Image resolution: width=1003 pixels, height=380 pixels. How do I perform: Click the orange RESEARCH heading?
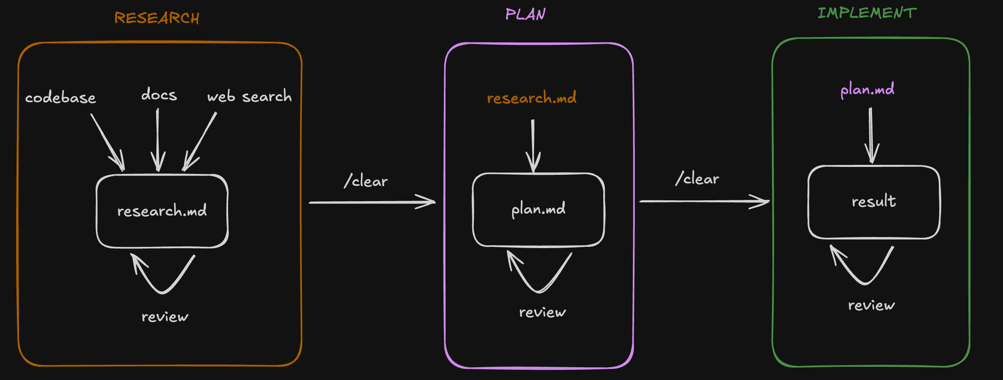pyautogui.click(x=156, y=18)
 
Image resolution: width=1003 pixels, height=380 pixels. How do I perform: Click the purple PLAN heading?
pyautogui.click(x=525, y=14)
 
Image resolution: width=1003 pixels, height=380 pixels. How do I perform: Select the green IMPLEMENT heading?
pyautogui.click(x=867, y=13)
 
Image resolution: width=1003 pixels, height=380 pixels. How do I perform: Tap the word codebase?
pyautogui.click(x=61, y=98)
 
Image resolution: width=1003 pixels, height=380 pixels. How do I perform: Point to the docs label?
pyautogui.click(x=159, y=95)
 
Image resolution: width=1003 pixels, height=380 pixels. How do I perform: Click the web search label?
pyautogui.click(x=249, y=96)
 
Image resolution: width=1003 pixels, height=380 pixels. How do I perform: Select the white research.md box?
pyautogui.click(x=162, y=211)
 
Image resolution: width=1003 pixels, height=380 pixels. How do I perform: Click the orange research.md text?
pyautogui.click(x=531, y=98)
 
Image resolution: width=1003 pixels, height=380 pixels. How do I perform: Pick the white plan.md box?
pyautogui.click(x=538, y=209)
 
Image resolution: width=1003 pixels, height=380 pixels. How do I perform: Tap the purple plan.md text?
pyautogui.click(x=867, y=89)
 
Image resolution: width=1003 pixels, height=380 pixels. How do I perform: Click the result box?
pyautogui.click(x=874, y=202)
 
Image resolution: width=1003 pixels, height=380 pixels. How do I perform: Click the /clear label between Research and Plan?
pyautogui.click(x=366, y=181)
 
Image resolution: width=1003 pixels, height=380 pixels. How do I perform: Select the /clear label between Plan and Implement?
pyautogui.click(x=697, y=178)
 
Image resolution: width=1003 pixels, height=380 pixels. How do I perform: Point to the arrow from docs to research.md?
pyautogui.click(x=158, y=140)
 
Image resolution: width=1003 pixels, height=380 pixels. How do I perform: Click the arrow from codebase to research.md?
pyautogui.click(x=107, y=142)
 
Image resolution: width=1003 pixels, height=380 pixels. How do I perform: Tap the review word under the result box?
pyautogui.click(x=871, y=305)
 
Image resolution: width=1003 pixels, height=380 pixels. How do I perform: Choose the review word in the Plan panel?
pyautogui.click(x=542, y=312)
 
